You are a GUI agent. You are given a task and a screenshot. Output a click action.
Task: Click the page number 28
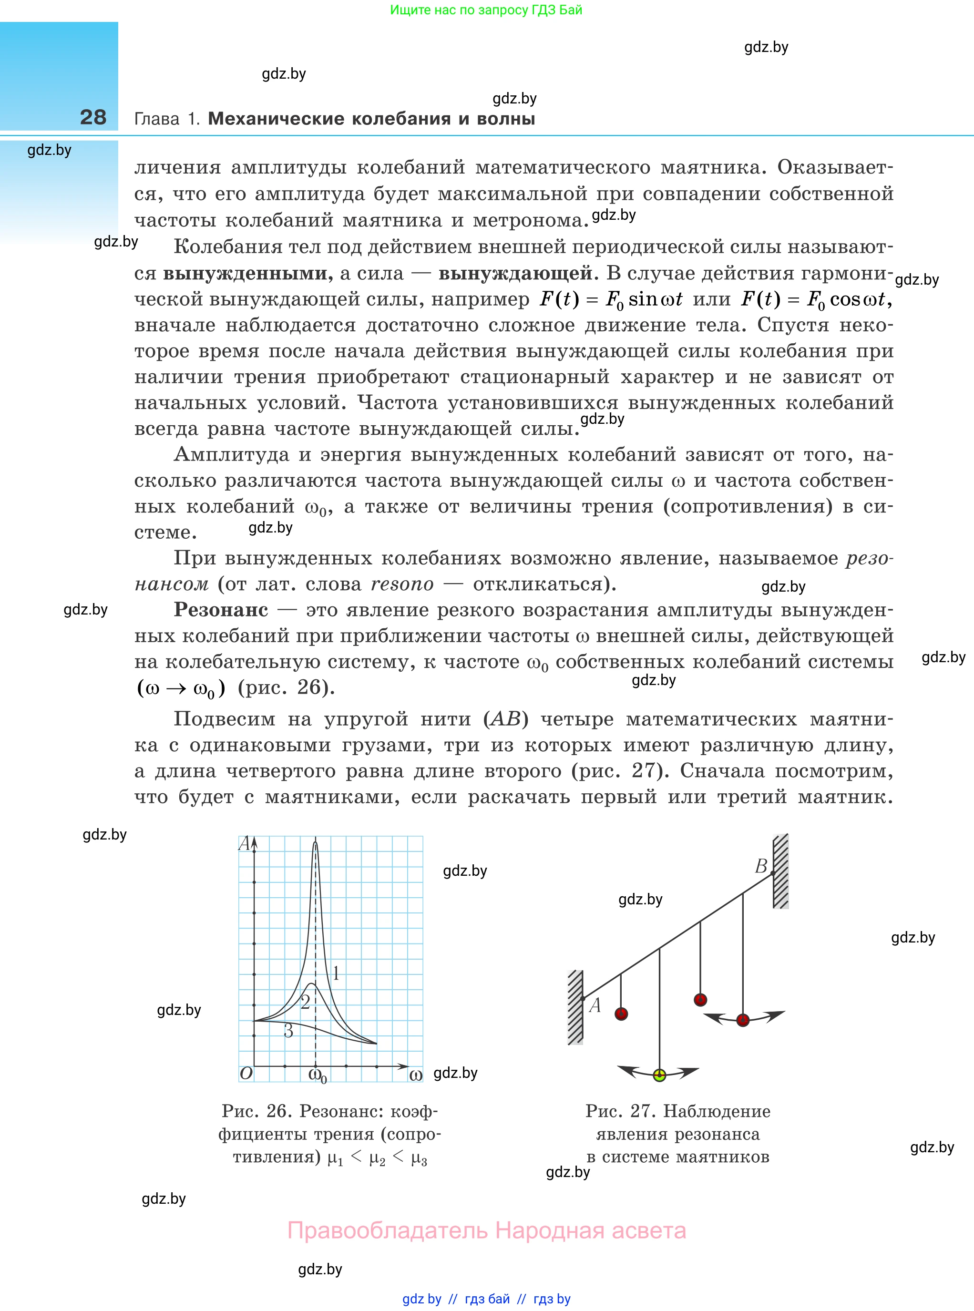(x=93, y=117)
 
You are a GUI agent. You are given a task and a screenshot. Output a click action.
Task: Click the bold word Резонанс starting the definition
(x=221, y=610)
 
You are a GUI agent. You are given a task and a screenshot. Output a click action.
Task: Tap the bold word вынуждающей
(x=515, y=274)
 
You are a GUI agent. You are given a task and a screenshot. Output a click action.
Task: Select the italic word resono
(x=402, y=584)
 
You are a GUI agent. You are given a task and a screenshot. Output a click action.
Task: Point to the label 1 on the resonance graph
(x=336, y=973)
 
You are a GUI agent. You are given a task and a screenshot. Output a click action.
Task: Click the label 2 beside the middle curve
(x=305, y=1002)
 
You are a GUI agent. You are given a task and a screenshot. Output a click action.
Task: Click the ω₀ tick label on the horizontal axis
(x=317, y=1075)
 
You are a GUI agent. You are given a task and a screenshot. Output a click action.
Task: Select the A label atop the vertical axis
(x=244, y=843)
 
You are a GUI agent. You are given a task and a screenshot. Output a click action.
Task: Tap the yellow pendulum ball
(x=660, y=1075)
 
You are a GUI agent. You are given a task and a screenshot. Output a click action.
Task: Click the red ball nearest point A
(x=621, y=1014)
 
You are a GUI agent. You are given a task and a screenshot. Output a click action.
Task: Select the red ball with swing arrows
(x=743, y=1020)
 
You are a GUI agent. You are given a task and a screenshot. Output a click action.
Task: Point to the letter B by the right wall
(x=761, y=866)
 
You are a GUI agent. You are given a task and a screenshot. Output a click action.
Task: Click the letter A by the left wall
(x=595, y=1005)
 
